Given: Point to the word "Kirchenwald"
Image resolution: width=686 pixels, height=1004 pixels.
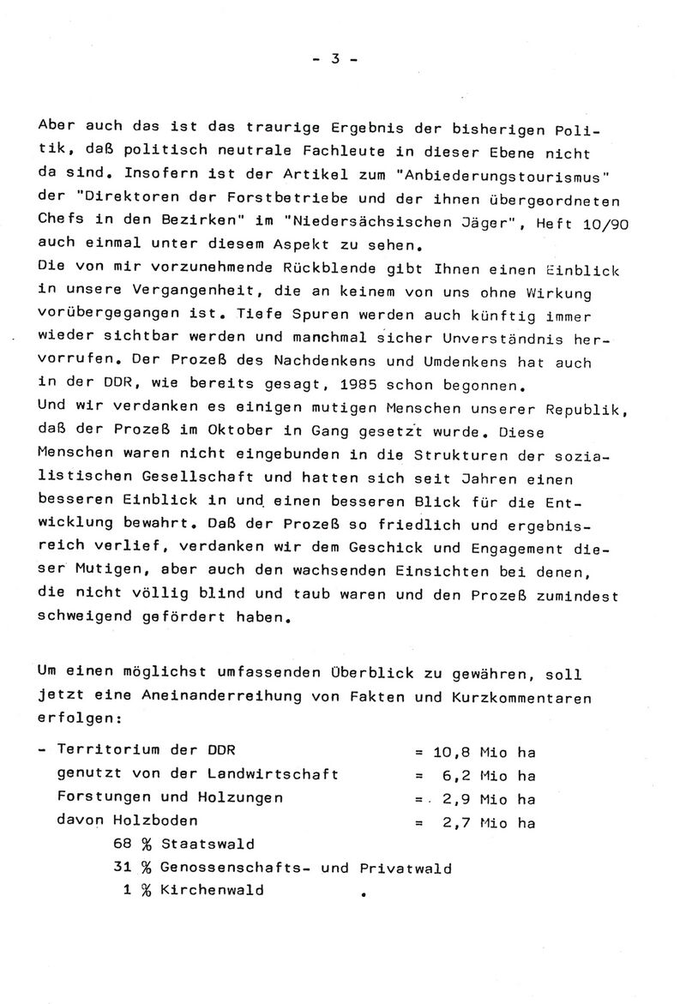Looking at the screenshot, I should (x=212, y=891).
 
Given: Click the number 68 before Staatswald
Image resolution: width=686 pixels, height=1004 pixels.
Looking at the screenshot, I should (x=122, y=845).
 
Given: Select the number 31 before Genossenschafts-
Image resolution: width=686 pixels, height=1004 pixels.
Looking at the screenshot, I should (x=122, y=868).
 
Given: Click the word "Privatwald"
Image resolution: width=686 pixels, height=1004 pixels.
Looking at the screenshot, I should (x=406, y=868).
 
